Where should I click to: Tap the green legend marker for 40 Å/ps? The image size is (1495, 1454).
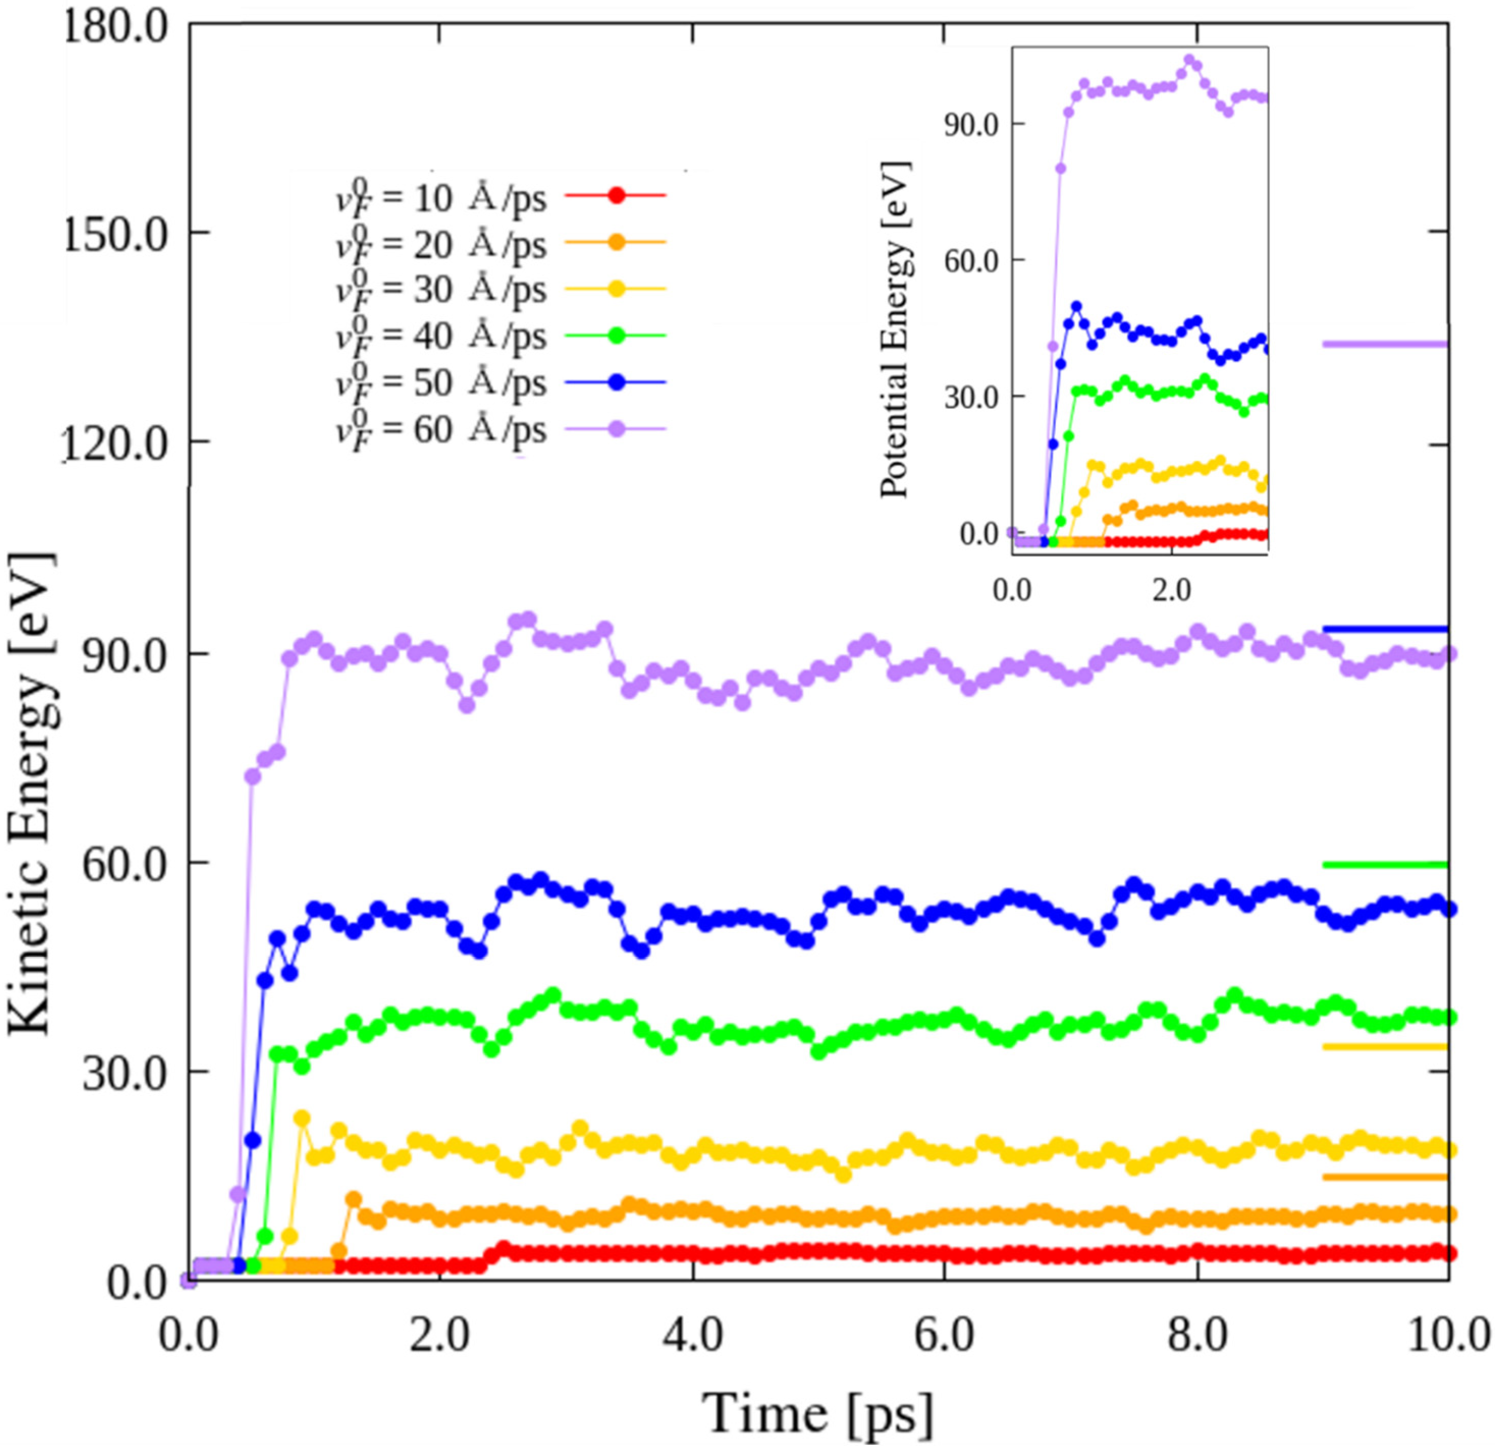(617, 336)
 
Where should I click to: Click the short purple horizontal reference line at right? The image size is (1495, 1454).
(1385, 344)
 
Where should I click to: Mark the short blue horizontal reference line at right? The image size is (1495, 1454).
(1385, 629)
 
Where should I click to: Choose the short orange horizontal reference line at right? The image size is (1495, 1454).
(1385, 1177)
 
